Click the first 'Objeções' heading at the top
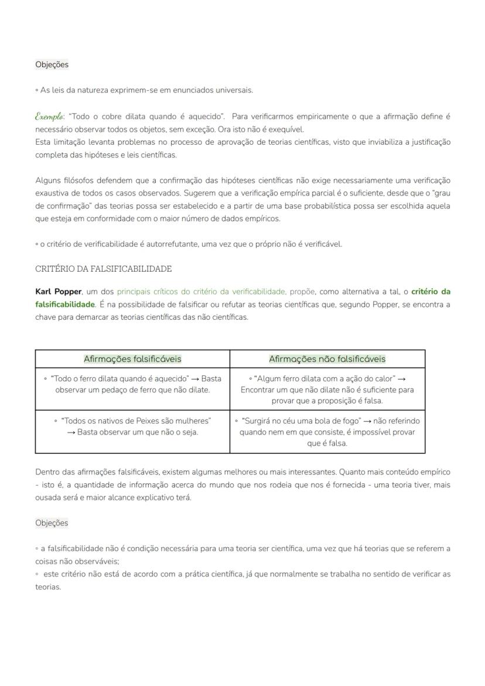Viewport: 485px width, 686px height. [x=52, y=64]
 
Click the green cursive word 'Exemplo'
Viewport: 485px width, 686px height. [x=49, y=116]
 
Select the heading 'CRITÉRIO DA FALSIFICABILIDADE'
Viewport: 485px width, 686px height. [x=104, y=269]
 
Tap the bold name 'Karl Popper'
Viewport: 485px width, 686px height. [x=58, y=291]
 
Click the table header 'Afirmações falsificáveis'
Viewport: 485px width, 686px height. [x=132, y=359]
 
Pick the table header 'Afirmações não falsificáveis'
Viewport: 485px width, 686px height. [x=327, y=359]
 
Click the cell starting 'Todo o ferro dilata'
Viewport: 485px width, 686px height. [x=132, y=384]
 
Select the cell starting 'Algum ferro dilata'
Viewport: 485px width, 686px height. [x=327, y=390]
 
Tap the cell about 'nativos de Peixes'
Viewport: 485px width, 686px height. [x=132, y=426]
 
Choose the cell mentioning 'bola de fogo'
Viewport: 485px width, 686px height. [x=327, y=432]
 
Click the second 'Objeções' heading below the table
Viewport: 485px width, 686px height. [x=52, y=523]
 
